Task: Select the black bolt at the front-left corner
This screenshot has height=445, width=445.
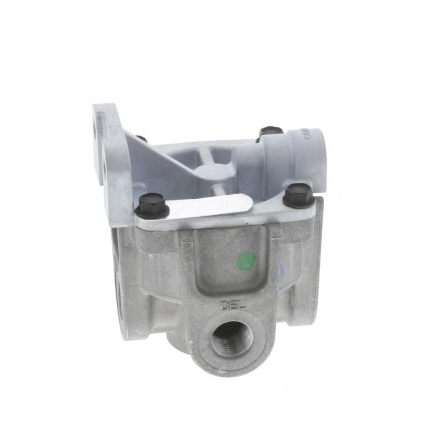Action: (151, 205)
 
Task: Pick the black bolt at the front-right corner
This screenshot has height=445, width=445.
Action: (299, 195)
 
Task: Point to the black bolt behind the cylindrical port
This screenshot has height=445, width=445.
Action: (270, 133)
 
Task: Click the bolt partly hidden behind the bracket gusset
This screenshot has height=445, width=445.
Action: (142, 139)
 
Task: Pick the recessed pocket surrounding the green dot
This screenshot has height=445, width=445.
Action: (234, 261)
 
